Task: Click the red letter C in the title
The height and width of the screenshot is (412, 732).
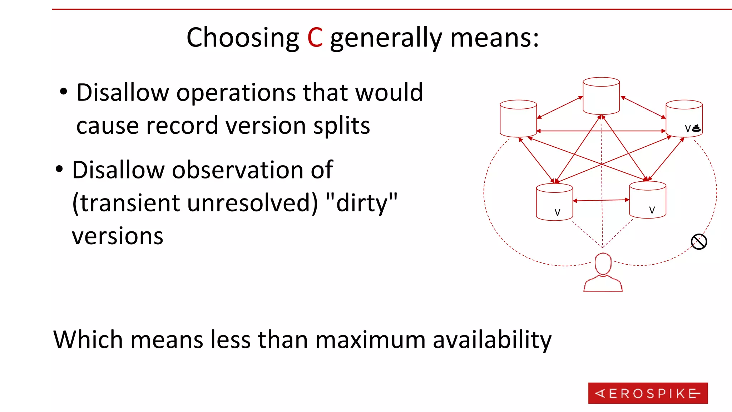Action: pos(315,38)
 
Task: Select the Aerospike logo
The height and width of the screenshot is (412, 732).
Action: pos(648,393)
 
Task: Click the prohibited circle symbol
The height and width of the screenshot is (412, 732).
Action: pos(699,242)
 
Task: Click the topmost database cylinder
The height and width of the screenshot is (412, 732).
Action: pos(601,95)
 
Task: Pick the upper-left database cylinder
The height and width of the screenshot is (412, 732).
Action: pos(518,118)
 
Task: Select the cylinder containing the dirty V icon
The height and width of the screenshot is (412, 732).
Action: pos(684,118)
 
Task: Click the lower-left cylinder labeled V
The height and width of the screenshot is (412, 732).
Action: pos(554,202)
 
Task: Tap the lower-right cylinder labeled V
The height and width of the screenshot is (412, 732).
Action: pos(647,200)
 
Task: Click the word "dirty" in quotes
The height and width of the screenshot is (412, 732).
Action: pos(362,203)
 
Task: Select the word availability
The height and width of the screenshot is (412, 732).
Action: pos(492,339)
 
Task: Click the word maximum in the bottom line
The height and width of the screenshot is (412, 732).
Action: pos(370,339)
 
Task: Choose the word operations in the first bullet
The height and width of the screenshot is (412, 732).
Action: pos(236,93)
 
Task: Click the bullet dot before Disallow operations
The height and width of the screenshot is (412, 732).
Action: pos(63,92)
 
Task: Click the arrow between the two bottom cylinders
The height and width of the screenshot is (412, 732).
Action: pos(601,200)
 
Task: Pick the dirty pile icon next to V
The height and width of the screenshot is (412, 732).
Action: pos(696,128)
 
